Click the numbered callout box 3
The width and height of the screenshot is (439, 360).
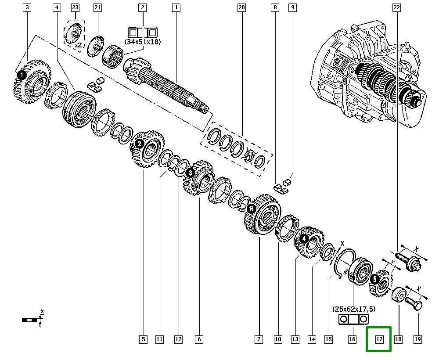click(x=27, y=7)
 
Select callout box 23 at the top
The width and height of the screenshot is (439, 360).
click(x=75, y=7)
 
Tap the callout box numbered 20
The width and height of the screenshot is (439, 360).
click(x=241, y=7)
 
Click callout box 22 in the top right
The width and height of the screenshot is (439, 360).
click(x=396, y=7)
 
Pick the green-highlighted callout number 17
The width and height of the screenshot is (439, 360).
click(x=379, y=339)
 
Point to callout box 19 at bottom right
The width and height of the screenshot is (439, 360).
click(x=417, y=339)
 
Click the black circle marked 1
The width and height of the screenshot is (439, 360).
click(x=22, y=76)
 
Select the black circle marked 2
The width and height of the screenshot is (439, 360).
click(x=139, y=144)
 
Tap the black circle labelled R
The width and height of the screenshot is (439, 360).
click(x=251, y=209)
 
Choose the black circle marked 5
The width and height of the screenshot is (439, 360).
click(x=374, y=279)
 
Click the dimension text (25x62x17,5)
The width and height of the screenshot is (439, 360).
click(x=354, y=310)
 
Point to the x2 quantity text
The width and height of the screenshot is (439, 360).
click(x=79, y=45)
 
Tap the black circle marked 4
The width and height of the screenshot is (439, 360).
click(x=304, y=239)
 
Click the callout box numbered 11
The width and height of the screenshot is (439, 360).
click(x=159, y=339)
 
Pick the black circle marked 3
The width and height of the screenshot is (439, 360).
click(x=190, y=173)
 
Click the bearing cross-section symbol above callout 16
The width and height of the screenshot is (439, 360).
click(x=353, y=319)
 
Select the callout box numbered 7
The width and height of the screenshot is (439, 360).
click(x=259, y=339)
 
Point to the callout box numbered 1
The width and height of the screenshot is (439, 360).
click(x=176, y=7)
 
